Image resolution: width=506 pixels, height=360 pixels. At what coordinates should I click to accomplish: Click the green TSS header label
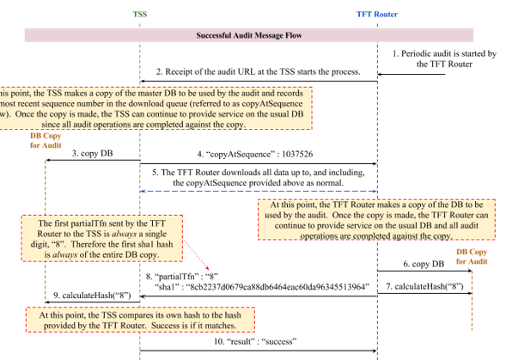[140, 14]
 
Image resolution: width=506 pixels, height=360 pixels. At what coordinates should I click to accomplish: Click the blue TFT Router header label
[377, 14]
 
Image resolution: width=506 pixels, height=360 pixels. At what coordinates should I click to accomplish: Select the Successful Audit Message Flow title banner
[250, 36]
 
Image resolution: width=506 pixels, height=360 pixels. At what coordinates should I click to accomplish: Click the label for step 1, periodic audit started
[445, 58]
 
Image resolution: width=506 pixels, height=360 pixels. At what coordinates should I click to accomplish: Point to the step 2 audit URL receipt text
[258, 71]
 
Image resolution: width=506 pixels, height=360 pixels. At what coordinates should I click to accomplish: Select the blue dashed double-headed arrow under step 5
[258, 191]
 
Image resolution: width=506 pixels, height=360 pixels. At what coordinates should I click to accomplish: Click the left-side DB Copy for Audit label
[46, 140]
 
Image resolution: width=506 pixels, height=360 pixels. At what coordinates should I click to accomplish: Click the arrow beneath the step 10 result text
[258, 351]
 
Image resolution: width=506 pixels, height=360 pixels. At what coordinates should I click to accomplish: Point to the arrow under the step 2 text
[258, 82]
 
